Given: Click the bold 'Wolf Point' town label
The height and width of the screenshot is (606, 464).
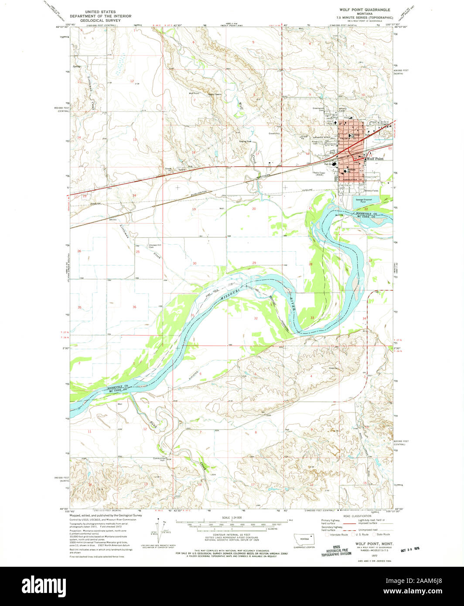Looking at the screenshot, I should (x=375, y=159).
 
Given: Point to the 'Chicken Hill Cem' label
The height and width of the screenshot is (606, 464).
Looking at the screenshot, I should (x=154, y=246).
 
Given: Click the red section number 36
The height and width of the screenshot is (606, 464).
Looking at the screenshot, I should (x=134, y=307).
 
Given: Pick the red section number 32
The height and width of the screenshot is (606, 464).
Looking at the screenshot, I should (x=256, y=318).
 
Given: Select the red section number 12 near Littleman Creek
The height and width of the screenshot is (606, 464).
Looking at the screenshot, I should (x=131, y=81).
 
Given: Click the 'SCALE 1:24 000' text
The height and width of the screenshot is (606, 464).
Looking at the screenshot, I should (x=232, y=517).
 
